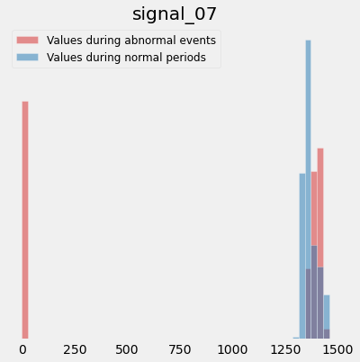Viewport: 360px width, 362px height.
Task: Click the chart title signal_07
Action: (x=175, y=14)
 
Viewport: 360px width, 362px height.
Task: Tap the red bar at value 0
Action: (x=25, y=220)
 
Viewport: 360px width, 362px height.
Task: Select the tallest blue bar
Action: (x=308, y=189)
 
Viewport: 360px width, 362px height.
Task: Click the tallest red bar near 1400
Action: (x=320, y=243)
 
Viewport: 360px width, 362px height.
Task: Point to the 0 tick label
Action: (x=22, y=349)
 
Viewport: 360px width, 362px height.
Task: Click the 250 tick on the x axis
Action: (x=75, y=349)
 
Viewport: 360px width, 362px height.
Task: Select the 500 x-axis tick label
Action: (x=127, y=349)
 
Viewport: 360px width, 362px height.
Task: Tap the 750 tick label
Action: (x=180, y=349)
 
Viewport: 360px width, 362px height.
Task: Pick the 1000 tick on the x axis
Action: (x=232, y=349)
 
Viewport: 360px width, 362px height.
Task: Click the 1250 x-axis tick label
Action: (x=285, y=349)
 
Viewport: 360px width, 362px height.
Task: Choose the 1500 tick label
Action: (x=337, y=349)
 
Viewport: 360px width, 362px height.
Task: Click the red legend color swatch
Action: (x=27, y=41)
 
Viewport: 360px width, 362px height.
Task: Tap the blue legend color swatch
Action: (x=27, y=58)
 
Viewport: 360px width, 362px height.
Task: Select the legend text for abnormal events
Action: (x=131, y=41)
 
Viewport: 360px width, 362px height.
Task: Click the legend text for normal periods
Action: (x=126, y=58)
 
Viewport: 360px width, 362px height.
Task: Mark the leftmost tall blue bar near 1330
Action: (x=302, y=256)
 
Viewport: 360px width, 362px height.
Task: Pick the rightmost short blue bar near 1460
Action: (x=327, y=317)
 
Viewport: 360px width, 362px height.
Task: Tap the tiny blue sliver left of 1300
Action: (x=296, y=338)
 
